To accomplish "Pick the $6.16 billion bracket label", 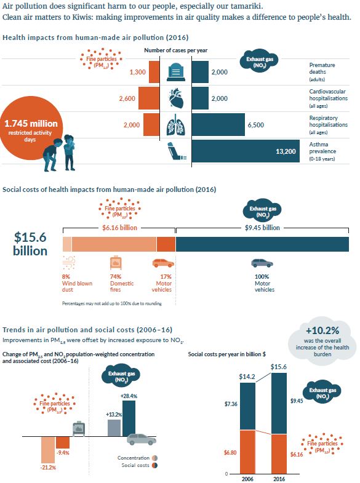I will (x=119, y=228).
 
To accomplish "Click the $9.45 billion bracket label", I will (x=262, y=228).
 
